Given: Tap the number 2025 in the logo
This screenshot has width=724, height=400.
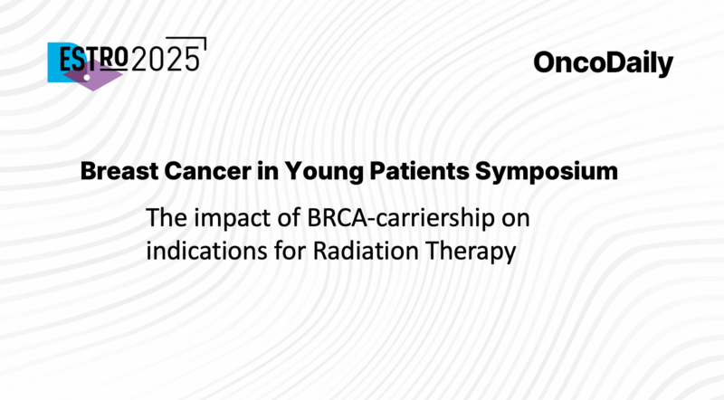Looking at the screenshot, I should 166,60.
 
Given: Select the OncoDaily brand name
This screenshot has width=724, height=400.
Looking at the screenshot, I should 603,63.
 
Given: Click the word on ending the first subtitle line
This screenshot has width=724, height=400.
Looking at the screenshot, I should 529,218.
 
